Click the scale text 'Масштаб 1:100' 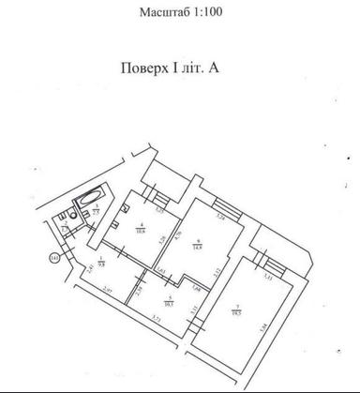[x=180, y=14]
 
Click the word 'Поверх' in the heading [x=146, y=70]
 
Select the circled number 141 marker [x=55, y=256]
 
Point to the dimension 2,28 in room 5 [x=138, y=291]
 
